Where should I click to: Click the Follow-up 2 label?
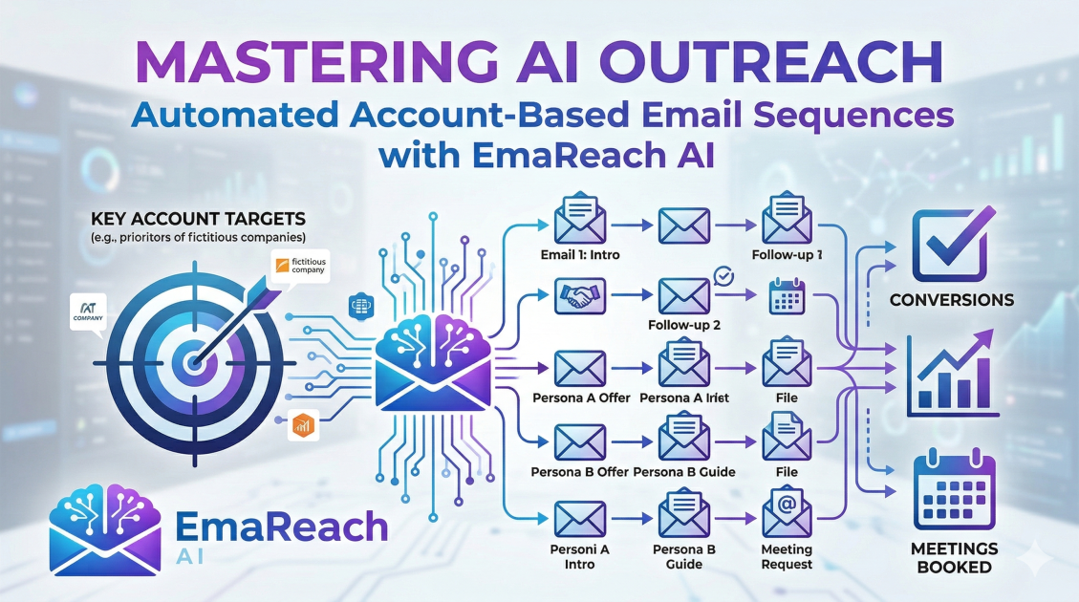coord(684,325)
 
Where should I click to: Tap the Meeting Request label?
coord(787,557)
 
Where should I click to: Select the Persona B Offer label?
coord(580,471)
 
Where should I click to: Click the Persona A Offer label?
coord(580,398)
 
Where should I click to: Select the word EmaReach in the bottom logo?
coord(282,527)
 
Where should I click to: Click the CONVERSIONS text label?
coord(952,300)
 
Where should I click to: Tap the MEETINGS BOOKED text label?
coord(955,557)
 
